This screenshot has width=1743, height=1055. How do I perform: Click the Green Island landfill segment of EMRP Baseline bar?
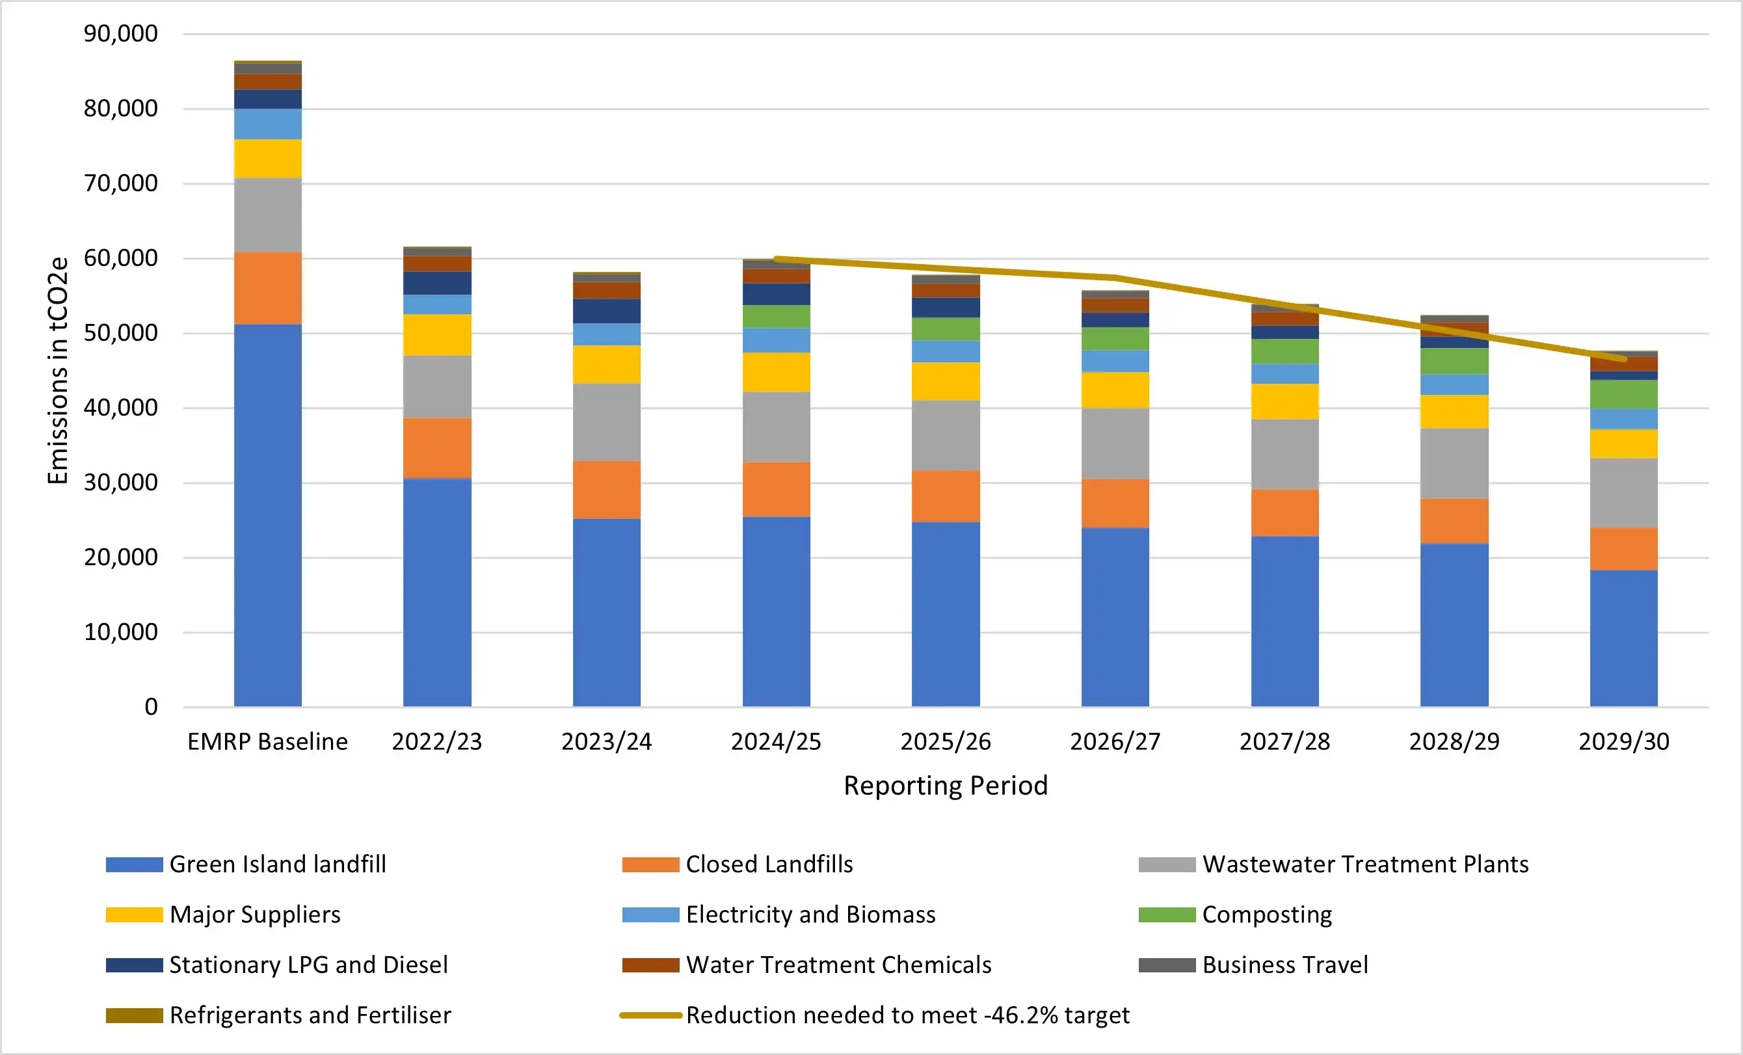point(267,515)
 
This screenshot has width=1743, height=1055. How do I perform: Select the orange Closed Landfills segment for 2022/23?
point(437,448)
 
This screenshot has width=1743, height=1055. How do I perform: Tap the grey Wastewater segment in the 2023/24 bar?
point(606,422)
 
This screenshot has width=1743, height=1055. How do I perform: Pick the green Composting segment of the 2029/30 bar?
point(1623,394)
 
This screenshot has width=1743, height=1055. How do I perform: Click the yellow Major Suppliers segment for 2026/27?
point(1115,390)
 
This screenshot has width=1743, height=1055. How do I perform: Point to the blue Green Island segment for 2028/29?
point(1454,625)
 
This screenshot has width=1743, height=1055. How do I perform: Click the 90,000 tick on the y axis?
point(120,33)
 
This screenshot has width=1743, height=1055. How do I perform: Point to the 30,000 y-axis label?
point(120,483)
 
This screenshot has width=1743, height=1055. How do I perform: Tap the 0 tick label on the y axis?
point(151,707)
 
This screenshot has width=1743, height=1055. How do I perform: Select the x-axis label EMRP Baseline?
point(267,741)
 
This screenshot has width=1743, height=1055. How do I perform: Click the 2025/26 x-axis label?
point(945,741)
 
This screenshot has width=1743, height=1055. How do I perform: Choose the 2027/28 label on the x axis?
point(1284,741)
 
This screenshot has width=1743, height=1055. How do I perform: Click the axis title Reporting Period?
point(945,786)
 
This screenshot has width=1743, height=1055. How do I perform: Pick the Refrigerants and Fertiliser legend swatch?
point(135,1015)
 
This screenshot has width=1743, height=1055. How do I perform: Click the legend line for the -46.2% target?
point(651,1015)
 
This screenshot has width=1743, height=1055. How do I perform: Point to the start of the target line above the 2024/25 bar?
point(777,259)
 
